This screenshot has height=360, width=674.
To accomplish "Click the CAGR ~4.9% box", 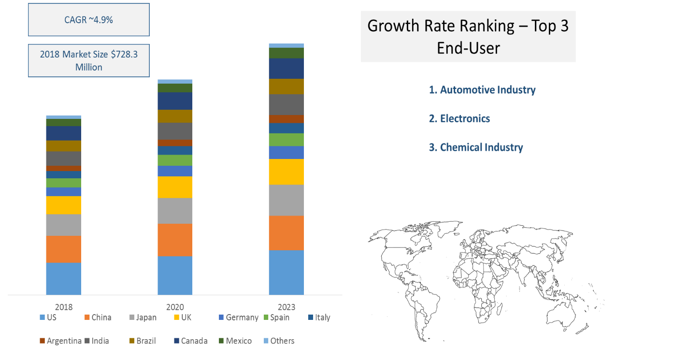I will pyautogui.click(x=88, y=20).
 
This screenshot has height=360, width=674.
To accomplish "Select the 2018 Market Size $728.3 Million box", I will pyautogui.click(x=88, y=61).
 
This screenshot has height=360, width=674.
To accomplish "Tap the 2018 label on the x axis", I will pyautogui.click(x=64, y=307).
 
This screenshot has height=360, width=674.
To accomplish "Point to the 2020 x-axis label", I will pyautogui.click(x=175, y=307).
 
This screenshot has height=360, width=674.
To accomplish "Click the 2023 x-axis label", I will pyautogui.click(x=286, y=307).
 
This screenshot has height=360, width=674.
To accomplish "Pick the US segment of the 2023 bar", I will pyautogui.click(x=286, y=272).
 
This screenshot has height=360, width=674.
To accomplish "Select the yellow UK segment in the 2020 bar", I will pyautogui.click(x=175, y=187).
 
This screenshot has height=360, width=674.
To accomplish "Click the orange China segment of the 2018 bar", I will pyautogui.click(x=64, y=249).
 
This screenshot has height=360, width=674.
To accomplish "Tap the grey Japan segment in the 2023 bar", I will pyautogui.click(x=286, y=200).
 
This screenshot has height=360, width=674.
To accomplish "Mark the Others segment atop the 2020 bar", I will pyautogui.click(x=175, y=81).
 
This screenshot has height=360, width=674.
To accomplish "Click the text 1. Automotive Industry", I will pyautogui.click(x=482, y=90).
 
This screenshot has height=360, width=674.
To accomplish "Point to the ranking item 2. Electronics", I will pyautogui.click(x=459, y=118).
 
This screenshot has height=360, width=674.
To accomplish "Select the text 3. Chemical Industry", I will pyautogui.click(x=476, y=147).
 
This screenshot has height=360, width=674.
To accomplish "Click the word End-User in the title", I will pyautogui.click(x=468, y=48).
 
